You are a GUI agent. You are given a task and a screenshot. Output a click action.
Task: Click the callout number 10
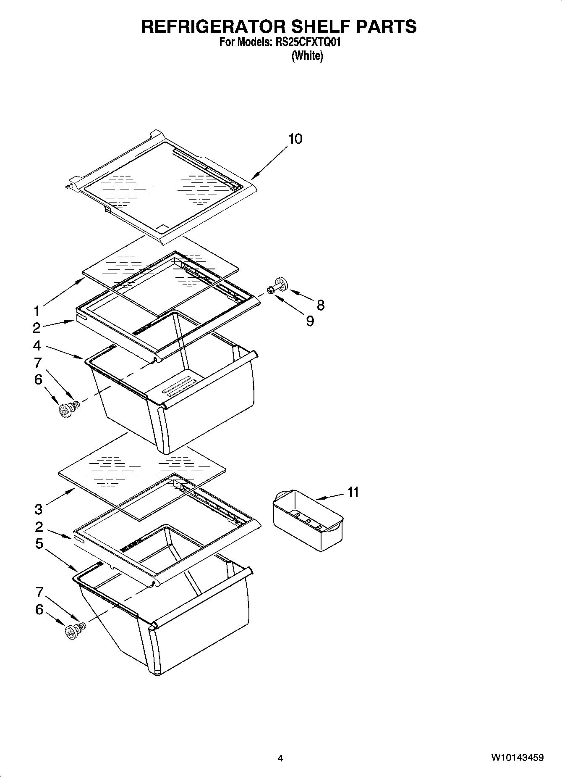click(295, 139)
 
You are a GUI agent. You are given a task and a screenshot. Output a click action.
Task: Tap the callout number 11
click(353, 492)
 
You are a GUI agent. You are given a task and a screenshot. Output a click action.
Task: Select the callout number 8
click(321, 305)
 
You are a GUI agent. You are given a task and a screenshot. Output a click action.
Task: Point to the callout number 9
click(310, 321)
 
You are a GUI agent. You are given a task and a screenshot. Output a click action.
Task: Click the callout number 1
click(37, 311)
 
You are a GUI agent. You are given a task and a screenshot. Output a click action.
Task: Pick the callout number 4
click(37, 346)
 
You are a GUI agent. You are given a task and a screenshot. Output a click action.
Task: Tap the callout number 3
click(38, 510)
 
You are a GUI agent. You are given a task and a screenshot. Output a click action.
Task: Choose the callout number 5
click(39, 544)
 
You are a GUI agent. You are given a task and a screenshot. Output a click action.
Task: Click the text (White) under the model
click(307, 56)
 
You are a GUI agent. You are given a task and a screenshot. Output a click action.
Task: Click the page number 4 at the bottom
click(280, 758)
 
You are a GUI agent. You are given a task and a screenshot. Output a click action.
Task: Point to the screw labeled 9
click(271, 289)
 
